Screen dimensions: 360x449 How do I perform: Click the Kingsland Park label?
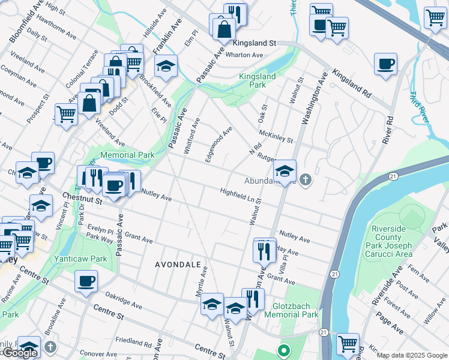pyautogui.click(x=257, y=80)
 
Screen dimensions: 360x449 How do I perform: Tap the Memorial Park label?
pyautogui.click(x=127, y=155)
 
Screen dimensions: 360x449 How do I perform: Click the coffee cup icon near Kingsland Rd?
pyautogui.click(x=385, y=64)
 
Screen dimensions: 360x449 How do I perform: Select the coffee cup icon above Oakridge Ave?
pyautogui.click(x=86, y=280)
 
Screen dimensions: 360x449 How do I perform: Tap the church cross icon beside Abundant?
pyautogui.click(x=305, y=179)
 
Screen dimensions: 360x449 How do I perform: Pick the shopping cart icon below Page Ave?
pyautogui.click(x=348, y=344)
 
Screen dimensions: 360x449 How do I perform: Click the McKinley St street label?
pyautogui.click(x=276, y=137)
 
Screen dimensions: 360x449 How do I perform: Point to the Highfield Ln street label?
pyautogui.click(x=237, y=195)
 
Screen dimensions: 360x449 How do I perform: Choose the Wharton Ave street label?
pyautogui.click(x=244, y=55)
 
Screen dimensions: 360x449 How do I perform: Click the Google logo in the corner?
pyautogui.click(x=19, y=353)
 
